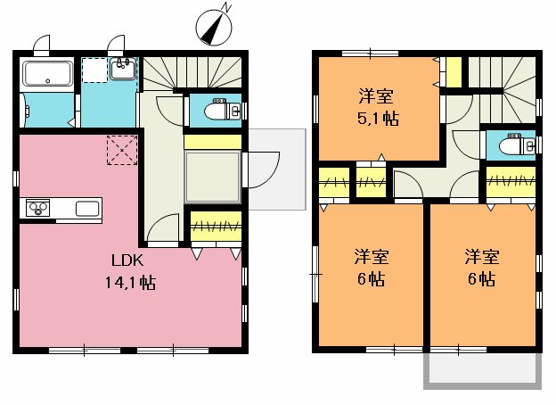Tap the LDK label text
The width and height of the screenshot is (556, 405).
click(x=126, y=261)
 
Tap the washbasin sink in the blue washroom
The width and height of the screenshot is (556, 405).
click(x=123, y=68)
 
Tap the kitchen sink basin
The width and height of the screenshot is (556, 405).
click(x=87, y=209)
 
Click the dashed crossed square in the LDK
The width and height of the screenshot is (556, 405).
click(x=120, y=149)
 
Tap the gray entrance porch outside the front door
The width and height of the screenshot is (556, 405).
click(x=276, y=169)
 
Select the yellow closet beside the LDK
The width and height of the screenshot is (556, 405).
click(x=216, y=227)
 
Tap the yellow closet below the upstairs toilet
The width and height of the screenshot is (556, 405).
click(x=511, y=182)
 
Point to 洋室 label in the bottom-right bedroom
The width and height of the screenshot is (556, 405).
click(x=481, y=257)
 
